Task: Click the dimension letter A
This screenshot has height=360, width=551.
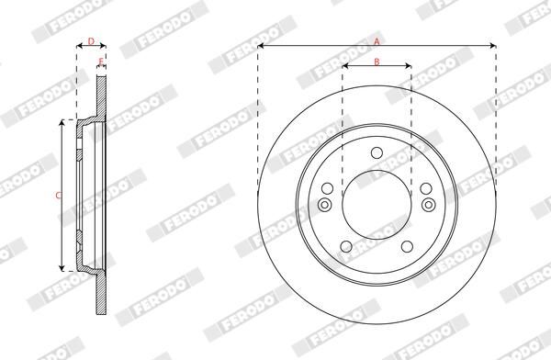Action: pos(376,39)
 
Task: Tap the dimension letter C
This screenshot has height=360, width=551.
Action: pos(57,196)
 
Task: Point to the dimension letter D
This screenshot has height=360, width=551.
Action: pos(90,40)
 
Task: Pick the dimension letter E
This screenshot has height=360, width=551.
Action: pos(101,62)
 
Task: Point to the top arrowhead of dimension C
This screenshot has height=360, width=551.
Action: pos(62,122)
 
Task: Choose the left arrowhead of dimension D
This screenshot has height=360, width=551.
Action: pos(78,46)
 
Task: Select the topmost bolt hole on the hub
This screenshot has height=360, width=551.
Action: pos(377,152)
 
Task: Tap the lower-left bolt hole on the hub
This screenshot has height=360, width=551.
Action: pos(345,245)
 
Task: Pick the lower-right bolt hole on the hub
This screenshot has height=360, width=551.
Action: pos(408,245)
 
